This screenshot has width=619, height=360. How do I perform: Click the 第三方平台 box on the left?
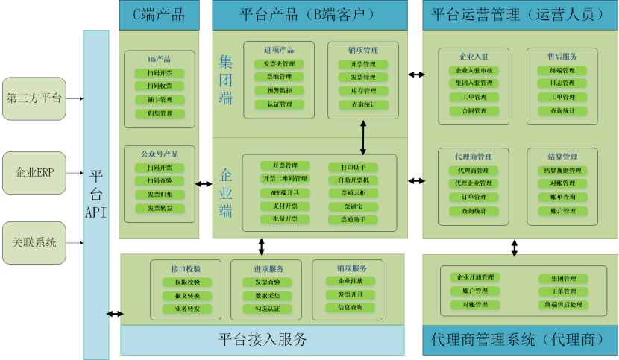(34, 98)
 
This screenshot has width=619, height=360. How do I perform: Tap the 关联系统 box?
(34, 242)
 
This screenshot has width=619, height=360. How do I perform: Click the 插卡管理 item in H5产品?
(160, 100)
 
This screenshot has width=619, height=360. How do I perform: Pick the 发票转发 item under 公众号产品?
(160, 208)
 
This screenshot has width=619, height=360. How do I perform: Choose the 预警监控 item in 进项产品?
(279, 90)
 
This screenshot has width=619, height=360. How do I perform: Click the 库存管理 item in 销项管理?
(363, 90)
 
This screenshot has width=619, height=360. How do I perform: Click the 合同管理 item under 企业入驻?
(474, 111)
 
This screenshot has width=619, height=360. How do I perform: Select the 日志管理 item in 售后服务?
(557, 84)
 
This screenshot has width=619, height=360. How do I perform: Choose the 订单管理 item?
(474, 198)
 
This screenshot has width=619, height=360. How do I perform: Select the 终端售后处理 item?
(563, 305)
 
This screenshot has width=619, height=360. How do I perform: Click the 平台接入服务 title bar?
(263, 340)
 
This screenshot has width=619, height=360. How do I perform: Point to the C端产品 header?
(159, 14)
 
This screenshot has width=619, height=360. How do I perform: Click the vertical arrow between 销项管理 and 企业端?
(363, 137)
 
